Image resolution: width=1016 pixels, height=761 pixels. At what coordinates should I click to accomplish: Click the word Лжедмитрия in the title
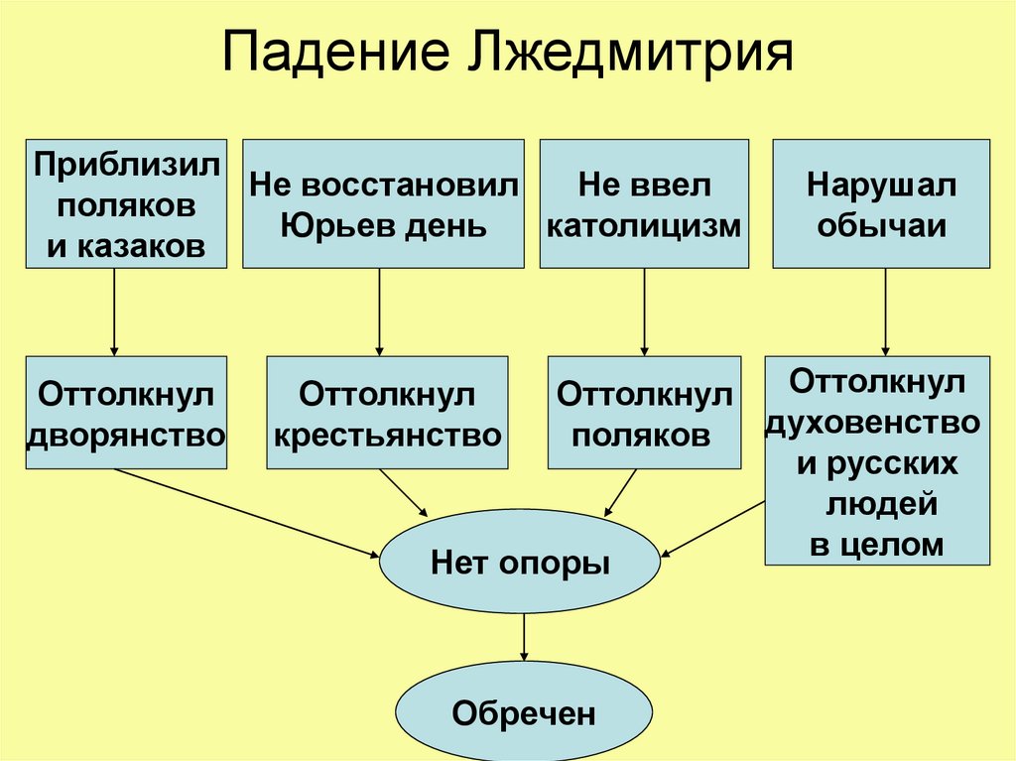click(x=627, y=57)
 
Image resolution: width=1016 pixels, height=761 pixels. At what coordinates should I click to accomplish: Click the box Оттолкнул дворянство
click(x=126, y=413)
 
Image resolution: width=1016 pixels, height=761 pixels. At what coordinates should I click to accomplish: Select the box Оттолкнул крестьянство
click(x=387, y=413)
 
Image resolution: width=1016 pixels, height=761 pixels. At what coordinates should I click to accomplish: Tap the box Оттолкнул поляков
click(x=644, y=413)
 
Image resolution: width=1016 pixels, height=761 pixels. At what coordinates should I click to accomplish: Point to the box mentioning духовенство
click(x=877, y=460)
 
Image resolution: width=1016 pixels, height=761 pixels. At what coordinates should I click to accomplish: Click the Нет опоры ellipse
click(x=520, y=564)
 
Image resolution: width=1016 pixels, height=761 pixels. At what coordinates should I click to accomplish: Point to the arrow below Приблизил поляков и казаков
click(x=114, y=312)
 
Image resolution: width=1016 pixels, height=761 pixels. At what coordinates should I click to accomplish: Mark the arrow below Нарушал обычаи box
click(x=885, y=312)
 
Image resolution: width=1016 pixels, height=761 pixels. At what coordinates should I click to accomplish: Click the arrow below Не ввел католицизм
click(x=645, y=312)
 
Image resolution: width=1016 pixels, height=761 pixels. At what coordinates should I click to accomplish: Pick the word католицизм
click(x=644, y=226)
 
